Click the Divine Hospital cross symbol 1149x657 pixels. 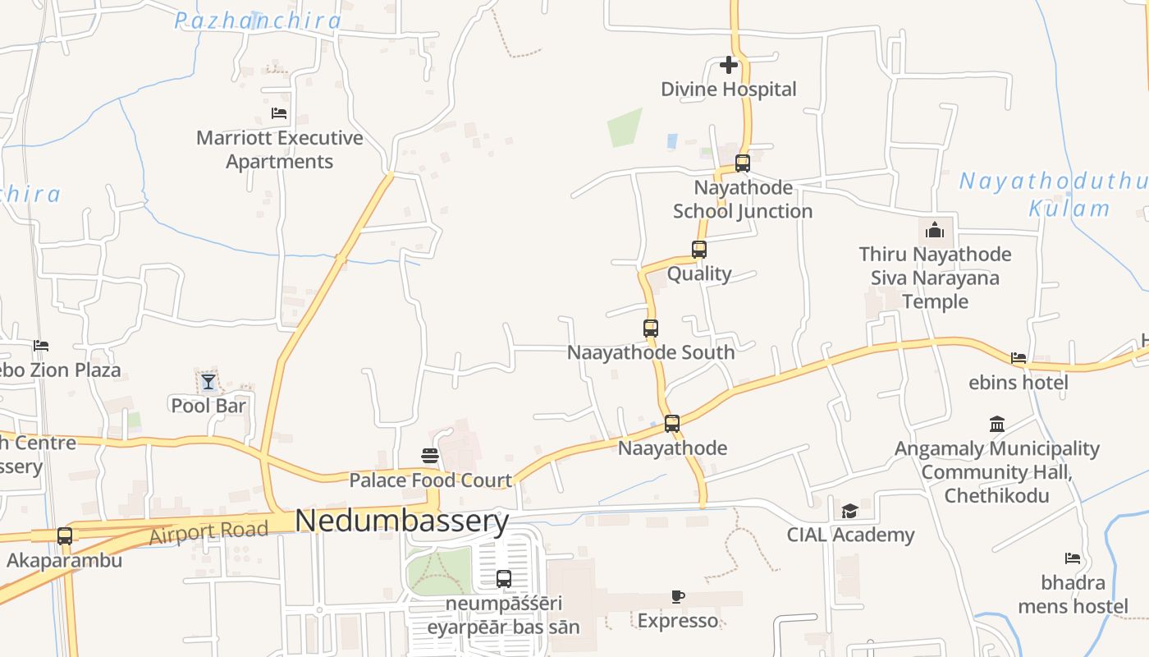[728, 65]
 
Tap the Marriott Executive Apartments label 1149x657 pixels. [279, 149]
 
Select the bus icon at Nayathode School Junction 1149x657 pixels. [743, 163]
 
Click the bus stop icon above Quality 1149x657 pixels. [699, 249]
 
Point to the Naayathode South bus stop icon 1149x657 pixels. [651, 328]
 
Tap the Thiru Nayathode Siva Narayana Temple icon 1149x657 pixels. [935, 230]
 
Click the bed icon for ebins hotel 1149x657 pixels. [1019, 358]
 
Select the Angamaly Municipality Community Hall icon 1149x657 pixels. [997, 424]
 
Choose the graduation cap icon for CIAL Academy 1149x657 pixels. [849, 511]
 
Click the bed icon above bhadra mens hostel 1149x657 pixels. [1073, 558]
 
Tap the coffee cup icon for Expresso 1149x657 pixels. [677, 596]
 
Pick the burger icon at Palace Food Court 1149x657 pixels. [430, 455]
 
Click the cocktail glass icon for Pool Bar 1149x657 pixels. [208, 381]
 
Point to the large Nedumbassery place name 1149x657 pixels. [402, 521]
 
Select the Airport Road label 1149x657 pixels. [208, 532]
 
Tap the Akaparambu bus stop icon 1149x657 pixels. [65, 536]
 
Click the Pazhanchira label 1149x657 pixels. [257, 21]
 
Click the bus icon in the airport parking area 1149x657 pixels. [504, 578]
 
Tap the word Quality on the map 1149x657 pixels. [699, 273]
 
